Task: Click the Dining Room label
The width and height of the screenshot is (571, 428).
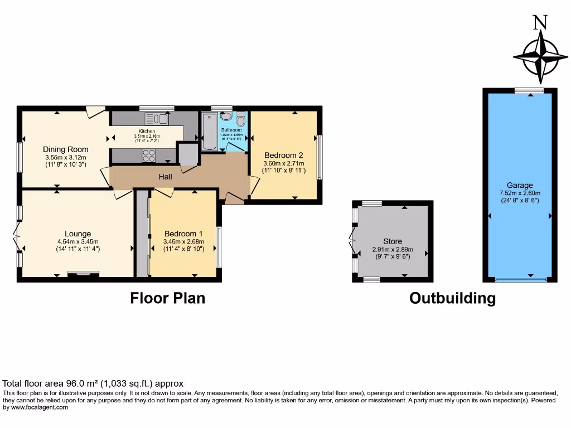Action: (x=66, y=149)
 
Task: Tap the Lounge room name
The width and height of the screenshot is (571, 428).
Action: (x=78, y=234)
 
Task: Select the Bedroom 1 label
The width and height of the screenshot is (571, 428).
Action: (x=183, y=234)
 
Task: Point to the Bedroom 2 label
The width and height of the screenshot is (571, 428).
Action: (x=284, y=155)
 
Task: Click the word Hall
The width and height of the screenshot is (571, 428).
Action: (x=166, y=177)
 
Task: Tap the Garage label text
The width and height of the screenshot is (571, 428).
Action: (x=520, y=186)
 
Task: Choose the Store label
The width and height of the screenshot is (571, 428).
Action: (x=393, y=241)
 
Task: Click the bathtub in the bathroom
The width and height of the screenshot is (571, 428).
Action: (x=210, y=132)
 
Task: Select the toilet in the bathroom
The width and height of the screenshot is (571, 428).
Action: (x=241, y=119)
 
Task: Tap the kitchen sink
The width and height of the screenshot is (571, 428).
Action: (x=157, y=119)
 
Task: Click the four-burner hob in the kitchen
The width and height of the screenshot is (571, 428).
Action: (x=148, y=156)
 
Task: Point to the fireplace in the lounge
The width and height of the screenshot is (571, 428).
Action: (x=83, y=273)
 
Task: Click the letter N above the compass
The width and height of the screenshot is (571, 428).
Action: (x=539, y=22)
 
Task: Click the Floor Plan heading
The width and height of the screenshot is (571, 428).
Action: (x=167, y=298)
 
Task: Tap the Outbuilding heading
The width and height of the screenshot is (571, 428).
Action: (x=452, y=298)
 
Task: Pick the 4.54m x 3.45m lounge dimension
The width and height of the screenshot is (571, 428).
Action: (x=78, y=241)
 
